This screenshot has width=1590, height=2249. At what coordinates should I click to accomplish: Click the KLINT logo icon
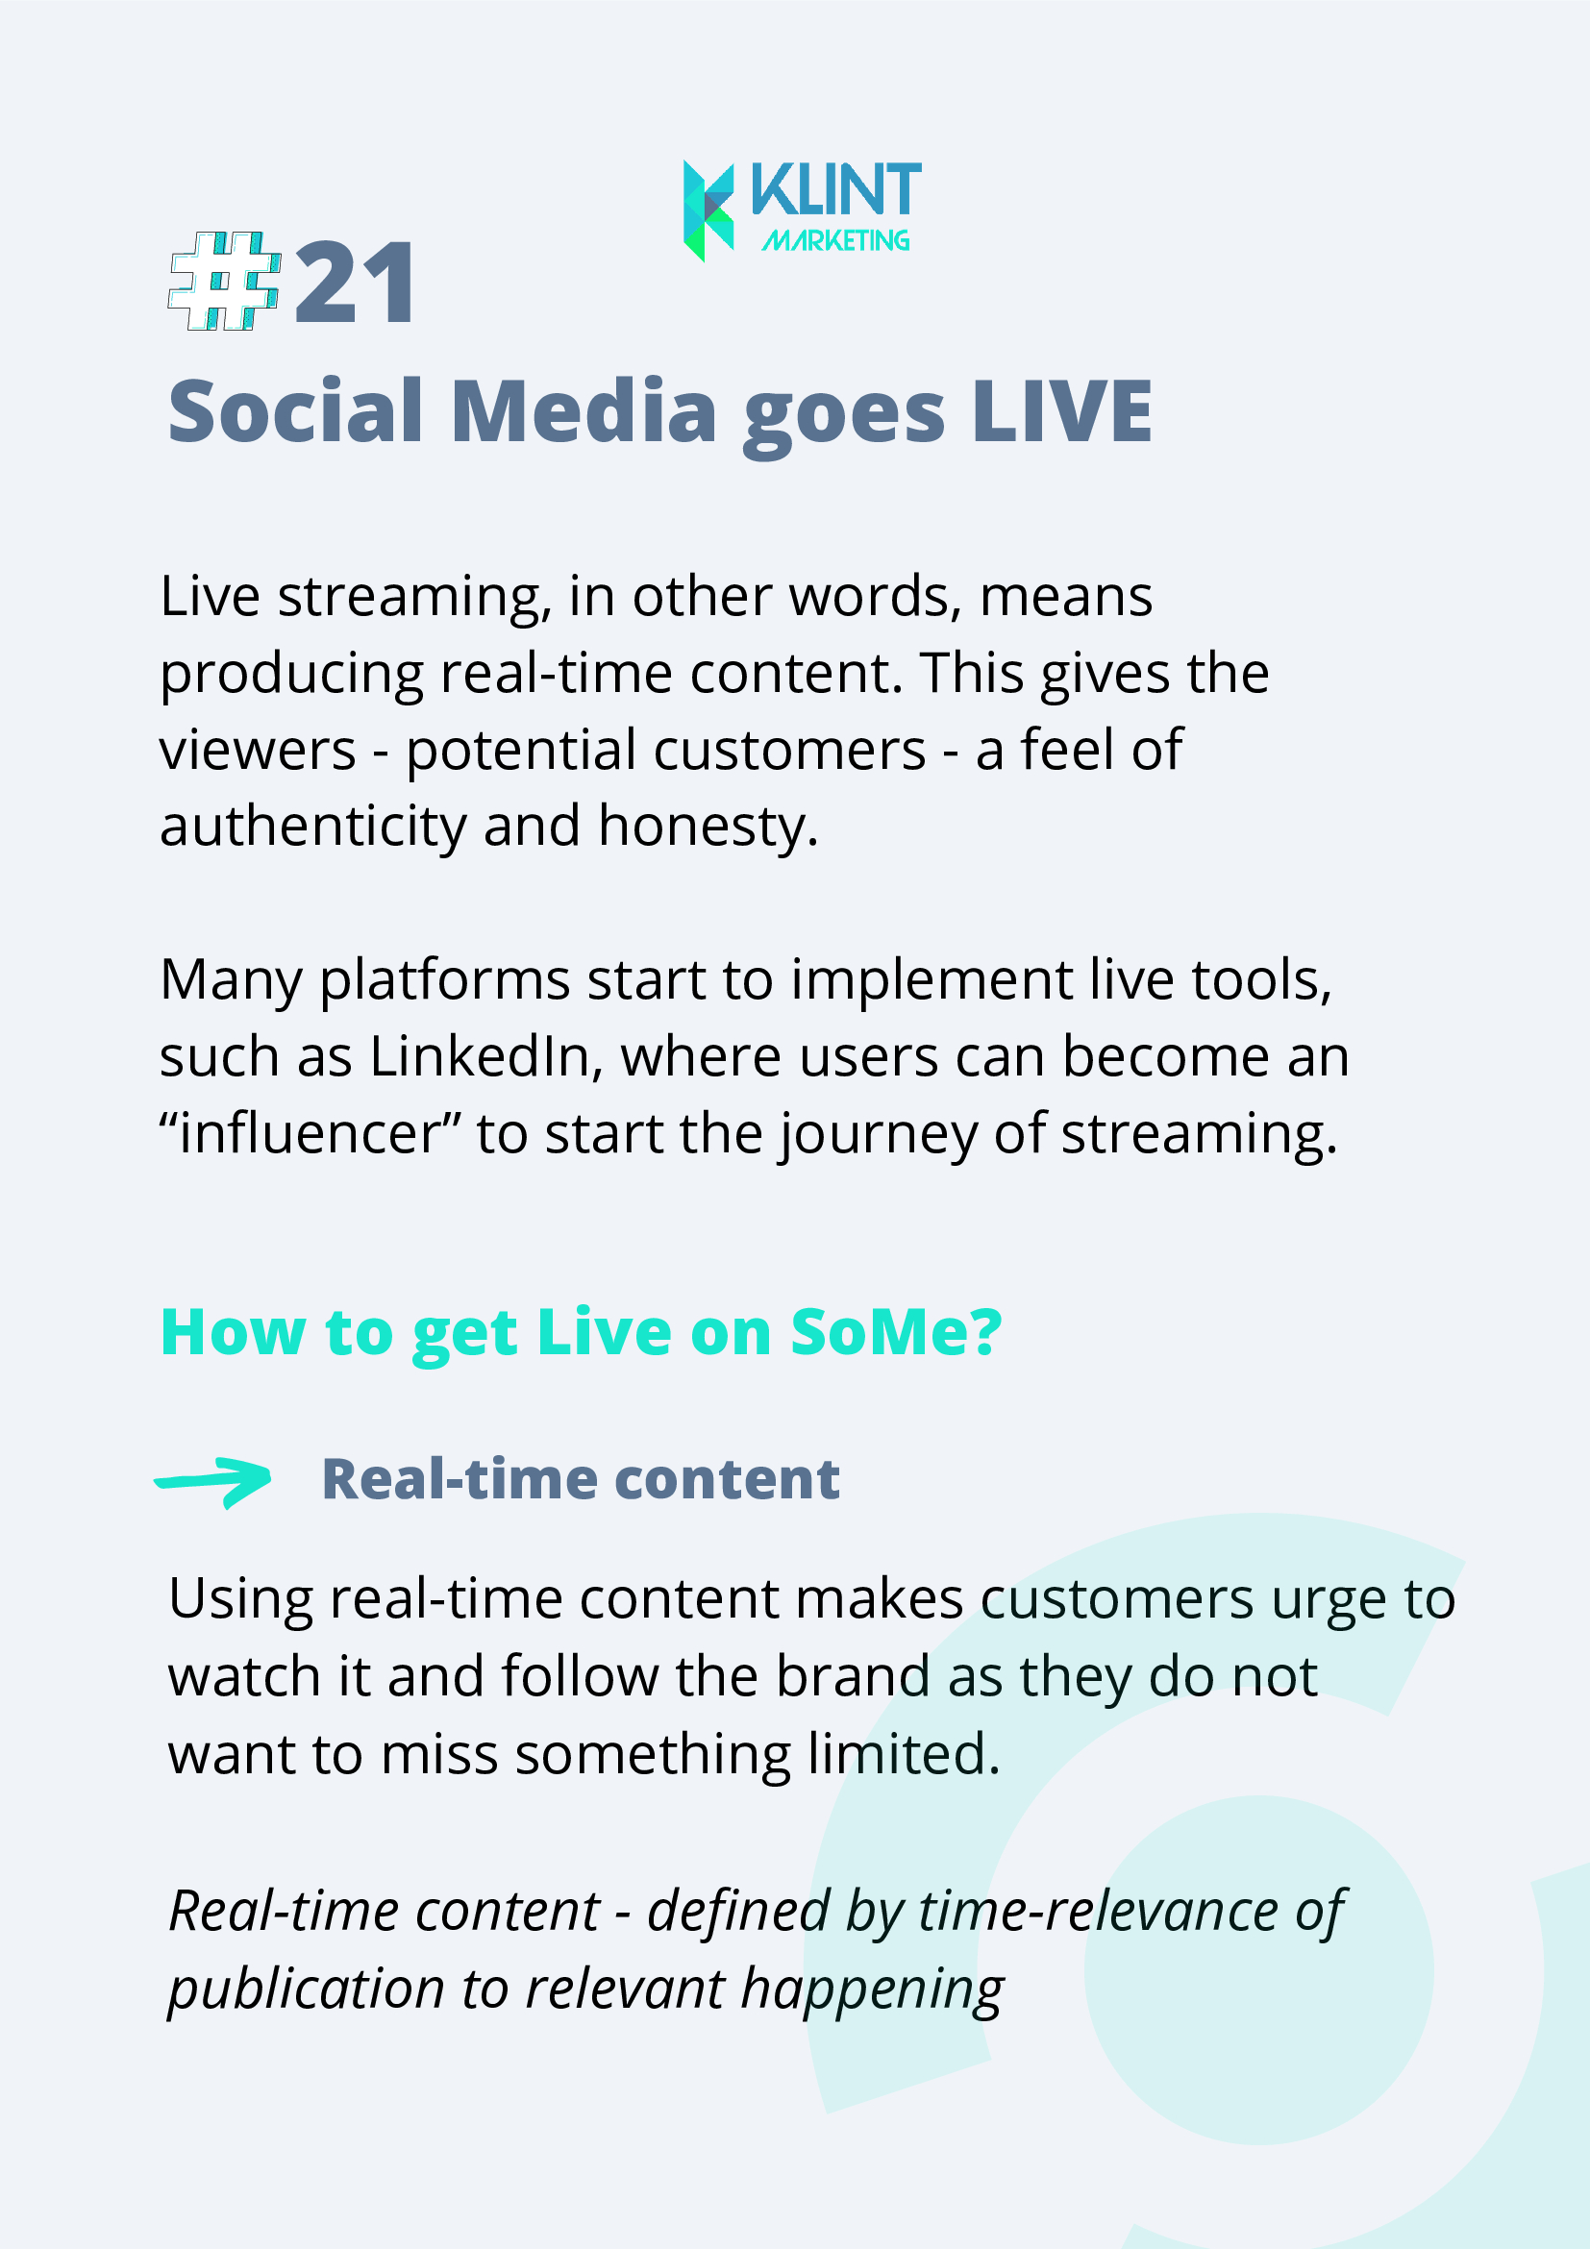(708, 210)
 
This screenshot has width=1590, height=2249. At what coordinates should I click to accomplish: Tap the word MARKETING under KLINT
(835, 240)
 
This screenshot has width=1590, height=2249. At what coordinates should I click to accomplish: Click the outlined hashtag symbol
(225, 281)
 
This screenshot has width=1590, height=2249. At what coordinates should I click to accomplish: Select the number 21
(356, 284)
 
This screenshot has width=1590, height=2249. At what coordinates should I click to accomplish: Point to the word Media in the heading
(584, 411)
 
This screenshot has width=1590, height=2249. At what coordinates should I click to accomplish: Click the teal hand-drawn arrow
(213, 1481)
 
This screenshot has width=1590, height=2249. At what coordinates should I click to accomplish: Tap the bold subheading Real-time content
(581, 1479)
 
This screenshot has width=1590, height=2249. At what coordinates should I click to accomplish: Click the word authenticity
(313, 828)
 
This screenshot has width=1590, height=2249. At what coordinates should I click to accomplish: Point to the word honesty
(708, 828)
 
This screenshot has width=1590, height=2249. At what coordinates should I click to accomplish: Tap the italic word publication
(307, 1990)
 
